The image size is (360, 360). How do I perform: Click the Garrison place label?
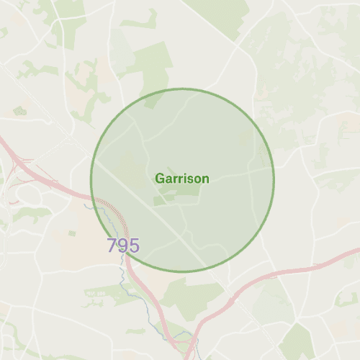[182, 179]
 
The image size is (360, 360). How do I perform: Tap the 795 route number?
[123, 246]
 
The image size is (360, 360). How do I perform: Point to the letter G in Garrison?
[160, 179]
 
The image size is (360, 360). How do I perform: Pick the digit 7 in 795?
[112, 246]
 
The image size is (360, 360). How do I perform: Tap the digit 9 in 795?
[123, 246]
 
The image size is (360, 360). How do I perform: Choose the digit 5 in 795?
[134, 246]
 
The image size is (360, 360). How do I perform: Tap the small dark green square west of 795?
[72, 234]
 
